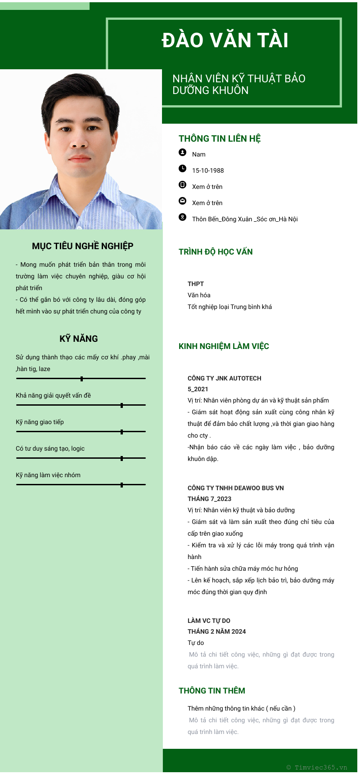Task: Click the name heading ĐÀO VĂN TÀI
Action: tap(225, 40)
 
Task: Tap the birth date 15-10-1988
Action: tap(208, 170)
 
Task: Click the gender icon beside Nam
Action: tap(182, 152)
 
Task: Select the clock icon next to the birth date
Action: tap(182, 169)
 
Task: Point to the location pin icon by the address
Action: tap(182, 217)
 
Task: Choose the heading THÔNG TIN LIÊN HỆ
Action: tap(220, 139)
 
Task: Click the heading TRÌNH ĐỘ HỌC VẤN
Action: tap(216, 252)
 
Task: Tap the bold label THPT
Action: tap(196, 284)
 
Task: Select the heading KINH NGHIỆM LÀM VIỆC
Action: tap(224, 346)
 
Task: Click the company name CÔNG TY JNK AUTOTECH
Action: tap(225, 378)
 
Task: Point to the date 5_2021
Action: tap(198, 389)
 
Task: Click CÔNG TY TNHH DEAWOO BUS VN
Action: tap(236, 488)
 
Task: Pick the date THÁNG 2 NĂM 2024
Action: tap(217, 631)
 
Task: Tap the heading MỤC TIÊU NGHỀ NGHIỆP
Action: tap(83, 246)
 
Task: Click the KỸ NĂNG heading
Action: tap(79, 339)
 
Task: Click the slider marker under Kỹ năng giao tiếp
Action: tap(122, 432)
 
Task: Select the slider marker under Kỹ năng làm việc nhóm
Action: tap(122, 485)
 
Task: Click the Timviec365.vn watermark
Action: tap(317, 767)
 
